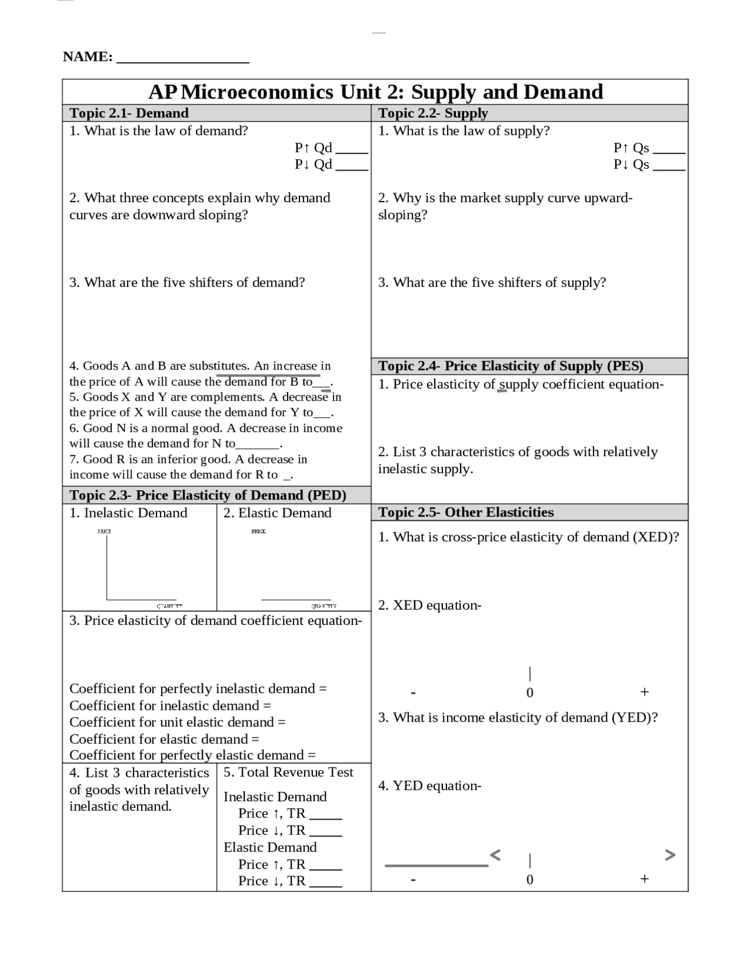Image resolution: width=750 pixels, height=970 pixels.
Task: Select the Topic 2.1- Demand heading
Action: click(129, 113)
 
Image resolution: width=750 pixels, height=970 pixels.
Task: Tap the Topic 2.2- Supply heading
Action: click(433, 113)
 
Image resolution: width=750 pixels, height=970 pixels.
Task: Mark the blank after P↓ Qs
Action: click(669, 168)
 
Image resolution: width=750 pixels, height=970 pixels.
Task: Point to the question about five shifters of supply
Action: click(492, 282)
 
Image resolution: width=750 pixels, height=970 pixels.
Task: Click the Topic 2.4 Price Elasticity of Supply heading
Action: click(510, 366)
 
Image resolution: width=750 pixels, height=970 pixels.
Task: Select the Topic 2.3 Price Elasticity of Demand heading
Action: click(208, 495)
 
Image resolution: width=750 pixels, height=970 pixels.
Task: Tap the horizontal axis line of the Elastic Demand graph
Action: click(296, 599)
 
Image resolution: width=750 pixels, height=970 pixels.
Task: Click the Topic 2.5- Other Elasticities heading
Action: click(466, 513)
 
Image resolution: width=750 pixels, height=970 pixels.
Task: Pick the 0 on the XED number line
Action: click(530, 693)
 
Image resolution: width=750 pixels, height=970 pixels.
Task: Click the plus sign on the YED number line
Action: click(645, 879)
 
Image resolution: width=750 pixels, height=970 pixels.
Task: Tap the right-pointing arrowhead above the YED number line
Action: click(670, 855)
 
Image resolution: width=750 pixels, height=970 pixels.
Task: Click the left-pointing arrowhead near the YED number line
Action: click(495, 855)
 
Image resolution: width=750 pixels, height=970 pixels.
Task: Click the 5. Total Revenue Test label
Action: click(288, 772)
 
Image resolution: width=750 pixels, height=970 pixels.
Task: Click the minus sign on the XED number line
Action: click(413, 693)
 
